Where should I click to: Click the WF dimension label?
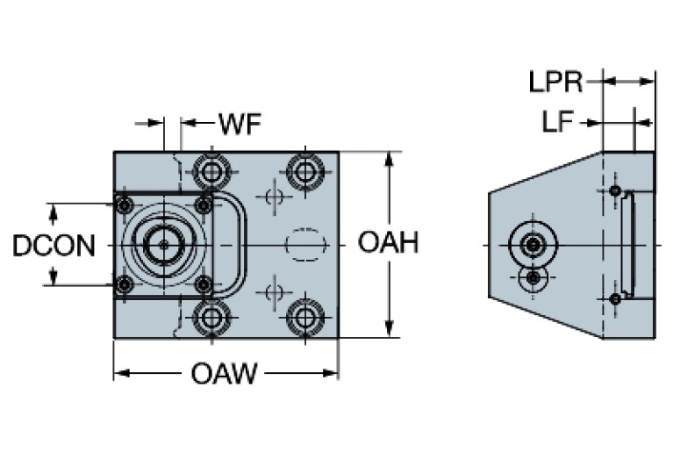point(240,125)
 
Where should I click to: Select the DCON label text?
point(54,246)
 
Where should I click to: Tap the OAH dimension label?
point(388,243)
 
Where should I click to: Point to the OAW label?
point(225,376)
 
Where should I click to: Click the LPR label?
point(556,82)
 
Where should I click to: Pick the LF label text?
point(558,123)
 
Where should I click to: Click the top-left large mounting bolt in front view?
point(211,170)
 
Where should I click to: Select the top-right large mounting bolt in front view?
point(304,170)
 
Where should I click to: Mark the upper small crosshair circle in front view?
point(274,195)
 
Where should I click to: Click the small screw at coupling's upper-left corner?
point(124,205)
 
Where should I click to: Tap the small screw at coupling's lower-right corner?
point(204,284)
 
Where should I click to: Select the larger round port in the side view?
point(532,244)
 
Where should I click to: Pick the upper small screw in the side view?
point(615,190)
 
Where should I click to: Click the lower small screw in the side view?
point(615,299)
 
